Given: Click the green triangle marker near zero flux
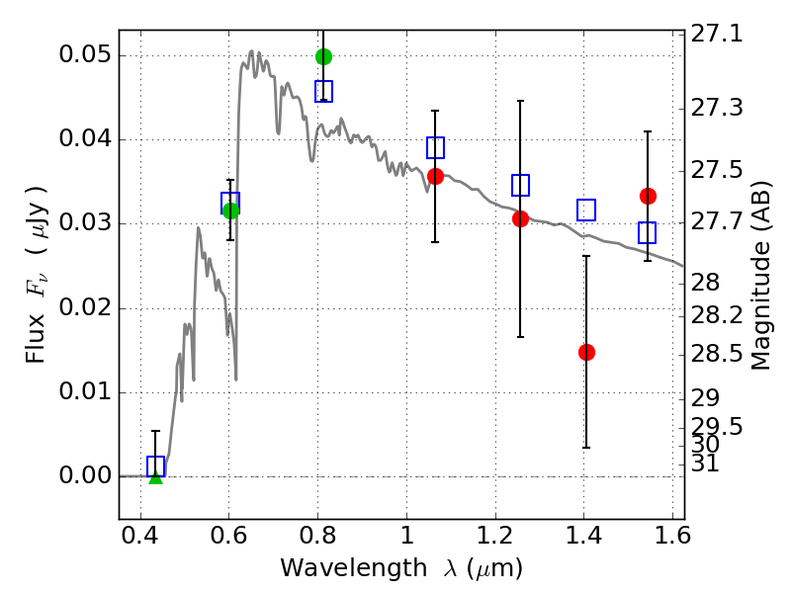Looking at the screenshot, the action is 156,477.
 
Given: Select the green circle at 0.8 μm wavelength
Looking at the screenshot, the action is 324,56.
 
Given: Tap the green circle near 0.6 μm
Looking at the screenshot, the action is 230,211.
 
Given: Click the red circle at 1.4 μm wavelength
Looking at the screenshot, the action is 586,352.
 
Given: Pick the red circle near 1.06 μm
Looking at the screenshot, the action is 435,177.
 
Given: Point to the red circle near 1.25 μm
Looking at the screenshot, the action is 520,218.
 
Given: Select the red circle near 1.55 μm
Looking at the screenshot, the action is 648,196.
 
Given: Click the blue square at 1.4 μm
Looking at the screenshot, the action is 586,210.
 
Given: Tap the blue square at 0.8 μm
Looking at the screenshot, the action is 324,91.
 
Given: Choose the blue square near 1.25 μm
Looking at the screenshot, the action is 520,185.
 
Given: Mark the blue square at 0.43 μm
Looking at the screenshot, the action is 156,466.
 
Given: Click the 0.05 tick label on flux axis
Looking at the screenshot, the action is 84,54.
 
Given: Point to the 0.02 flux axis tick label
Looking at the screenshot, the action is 84,307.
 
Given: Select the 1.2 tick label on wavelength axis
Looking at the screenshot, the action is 495,535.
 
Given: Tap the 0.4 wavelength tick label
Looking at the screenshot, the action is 140,535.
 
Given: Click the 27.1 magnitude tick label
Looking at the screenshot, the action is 716,35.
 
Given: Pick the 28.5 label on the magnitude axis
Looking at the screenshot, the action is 716,354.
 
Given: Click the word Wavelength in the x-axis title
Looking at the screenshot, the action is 354,568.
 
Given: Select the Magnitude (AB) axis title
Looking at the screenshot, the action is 760,276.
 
